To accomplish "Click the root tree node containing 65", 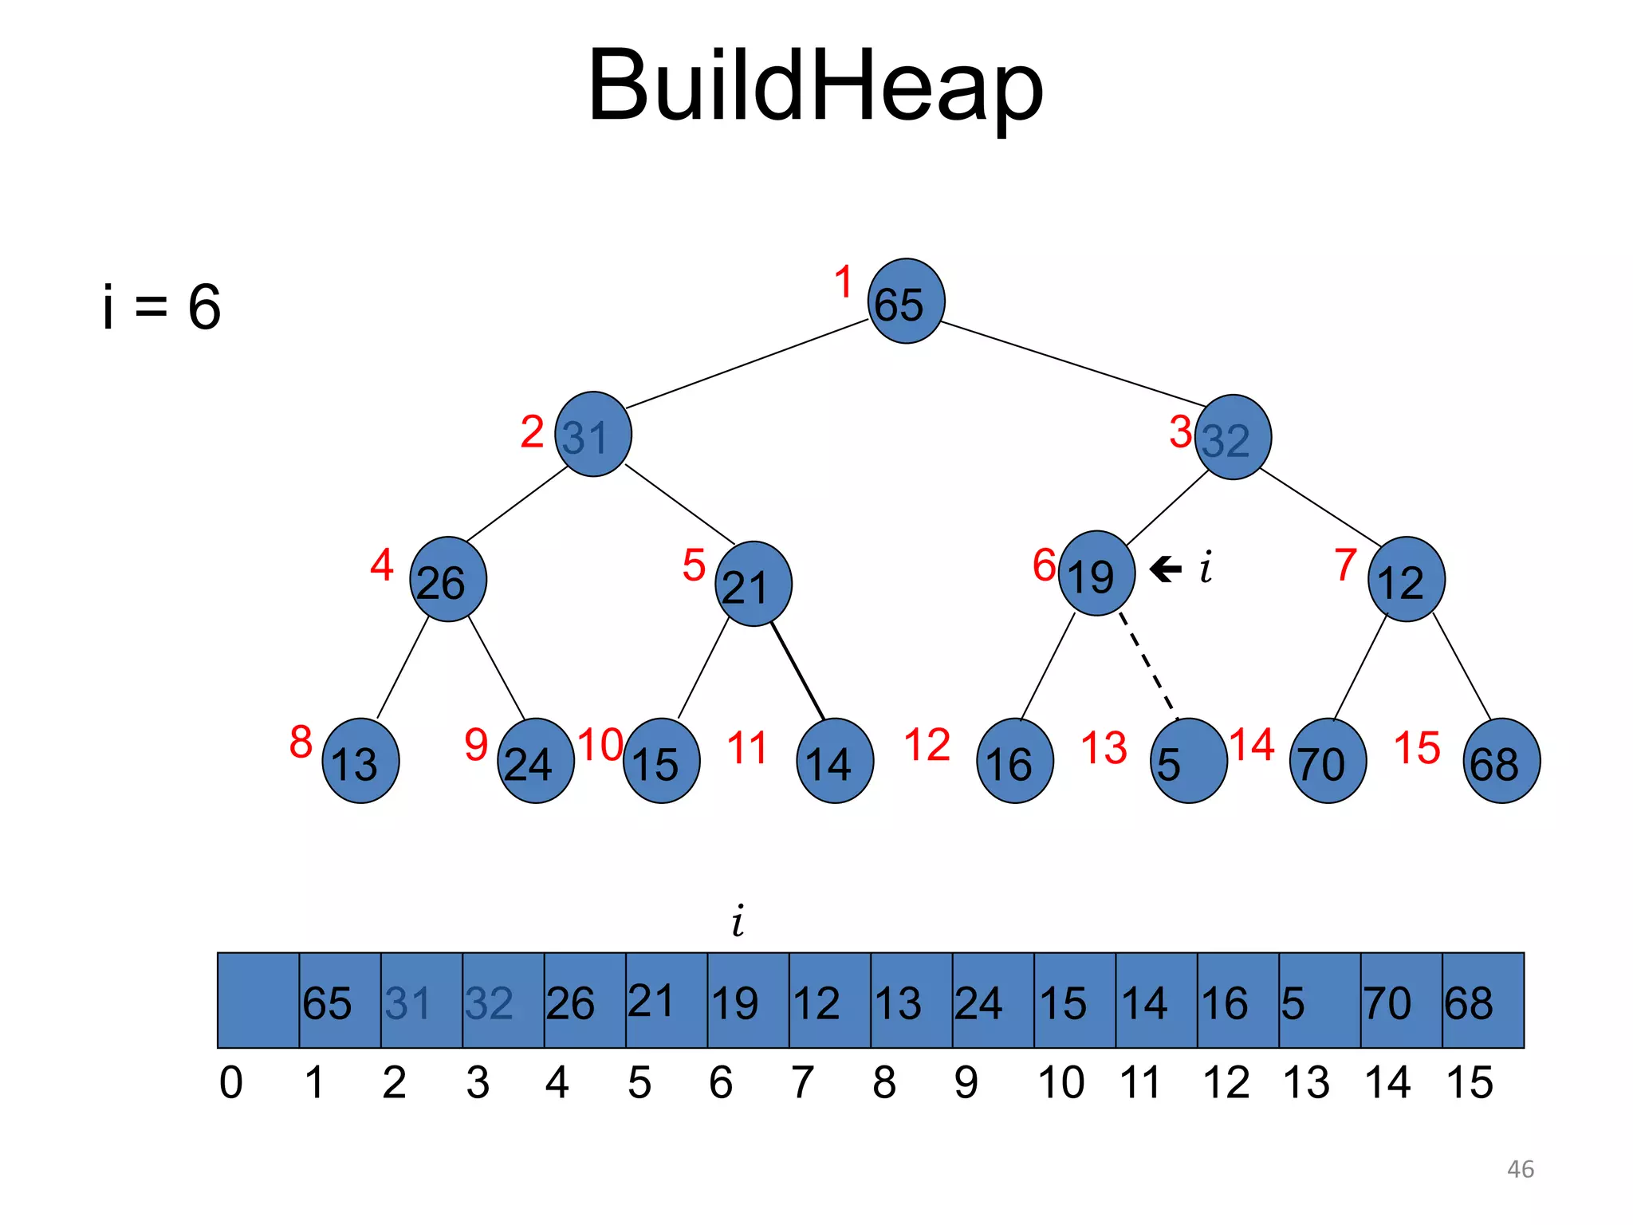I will (906, 301).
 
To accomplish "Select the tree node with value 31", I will (593, 435).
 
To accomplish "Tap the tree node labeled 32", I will (1233, 437).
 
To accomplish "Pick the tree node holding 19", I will (1096, 573).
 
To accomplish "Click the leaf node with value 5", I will (1189, 761).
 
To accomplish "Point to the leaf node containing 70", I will (1328, 761).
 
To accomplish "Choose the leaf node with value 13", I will (360, 761).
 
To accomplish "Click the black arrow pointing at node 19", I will (1166, 569).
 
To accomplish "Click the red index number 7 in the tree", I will (1346, 565).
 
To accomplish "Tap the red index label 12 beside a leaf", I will (927, 746).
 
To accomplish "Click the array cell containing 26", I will (584, 1000).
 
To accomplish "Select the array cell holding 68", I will (1482, 1000).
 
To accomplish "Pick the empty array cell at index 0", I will (258, 1000).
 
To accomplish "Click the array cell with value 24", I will (993, 1000).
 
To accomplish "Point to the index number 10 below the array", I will (1060, 1083).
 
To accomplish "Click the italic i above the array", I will (738, 921).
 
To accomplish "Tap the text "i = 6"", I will (162, 307).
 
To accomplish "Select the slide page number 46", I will (1520, 1169).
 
